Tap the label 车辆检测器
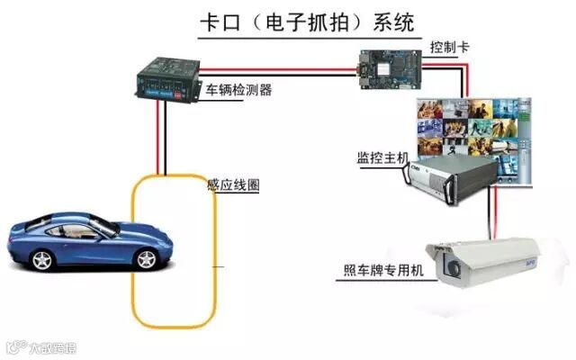239,90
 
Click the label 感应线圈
233,185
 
